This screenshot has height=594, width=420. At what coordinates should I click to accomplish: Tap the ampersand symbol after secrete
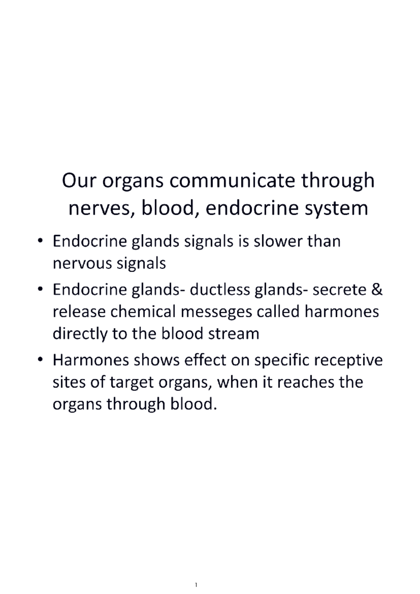[x=376, y=290]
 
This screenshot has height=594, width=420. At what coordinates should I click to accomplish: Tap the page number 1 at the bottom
[x=196, y=585]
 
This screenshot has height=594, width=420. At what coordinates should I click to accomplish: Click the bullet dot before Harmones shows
[x=41, y=360]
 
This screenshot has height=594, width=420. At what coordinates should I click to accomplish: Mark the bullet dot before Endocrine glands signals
[x=41, y=241]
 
